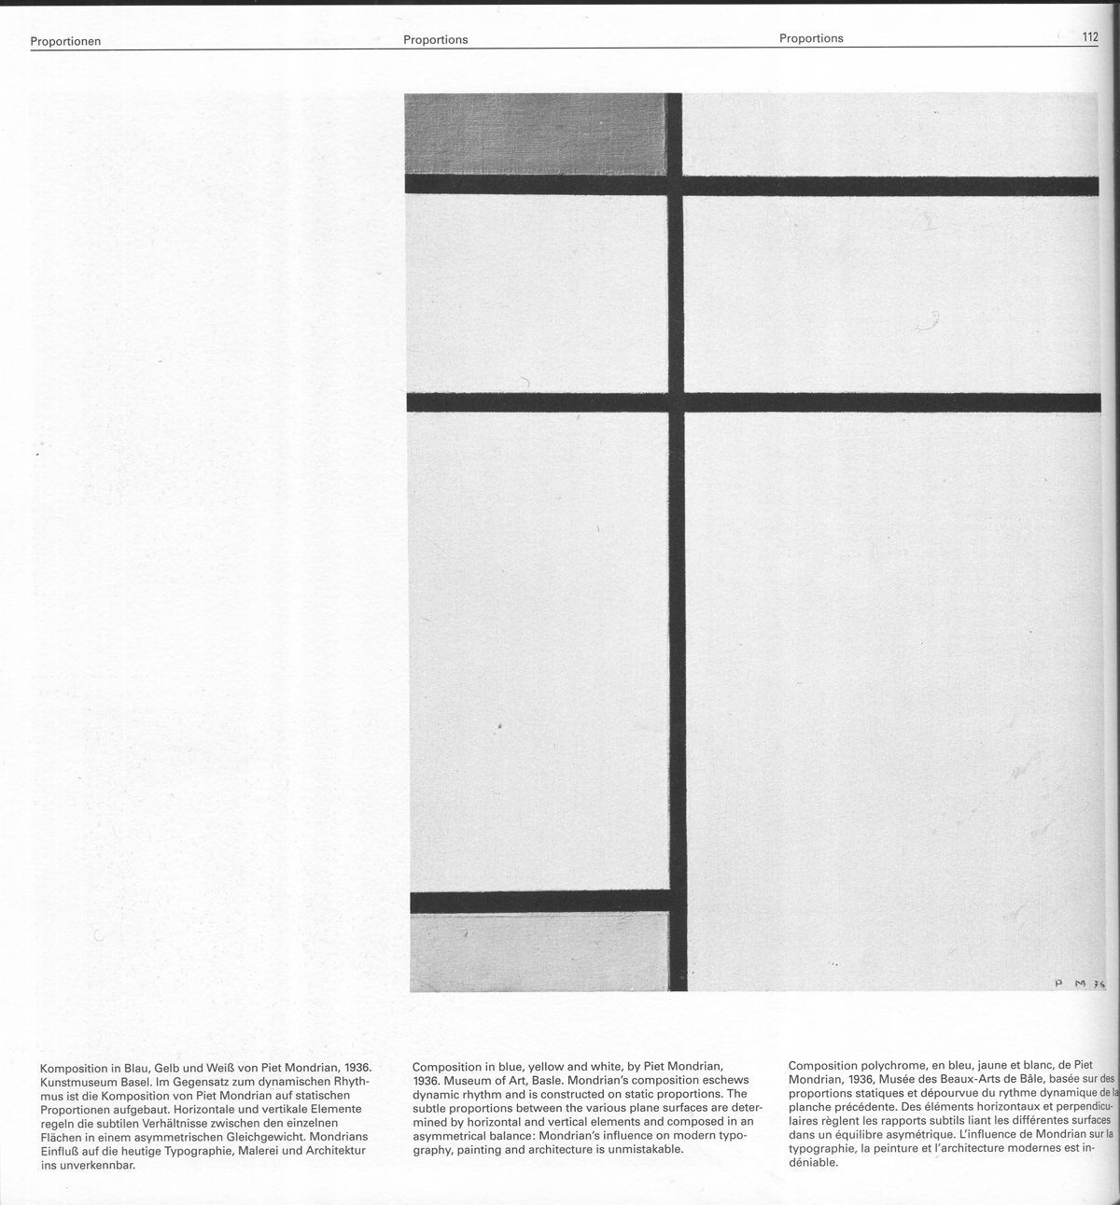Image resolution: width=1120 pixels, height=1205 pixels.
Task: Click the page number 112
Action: pyautogui.click(x=1089, y=37)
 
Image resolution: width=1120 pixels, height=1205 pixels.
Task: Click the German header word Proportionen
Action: pyautogui.click(x=65, y=41)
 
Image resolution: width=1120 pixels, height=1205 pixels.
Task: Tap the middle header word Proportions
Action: pyautogui.click(x=435, y=40)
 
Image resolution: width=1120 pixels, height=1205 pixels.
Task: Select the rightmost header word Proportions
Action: pyautogui.click(x=811, y=38)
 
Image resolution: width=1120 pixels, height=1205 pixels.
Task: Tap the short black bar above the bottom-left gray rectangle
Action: pyautogui.click(x=539, y=902)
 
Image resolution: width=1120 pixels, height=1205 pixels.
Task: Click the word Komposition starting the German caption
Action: pyautogui.click(x=77, y=1067)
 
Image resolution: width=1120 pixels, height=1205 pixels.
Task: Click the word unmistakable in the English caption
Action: pyautogui.click(x=645, y=1149)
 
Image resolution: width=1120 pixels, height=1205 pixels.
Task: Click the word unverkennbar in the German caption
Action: pyautogui.click(x=95, y=1165)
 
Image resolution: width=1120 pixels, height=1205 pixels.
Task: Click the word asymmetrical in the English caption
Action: pyautogui.click(x=451, y=1135)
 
